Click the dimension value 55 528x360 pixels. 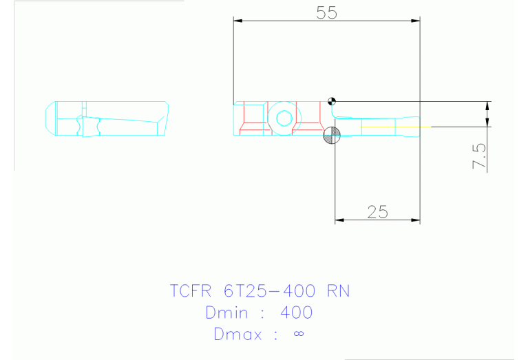click(326, 12)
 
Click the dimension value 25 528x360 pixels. click(377, 212)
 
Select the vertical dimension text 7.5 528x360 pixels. click(480, 157)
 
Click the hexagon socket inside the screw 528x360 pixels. click(283, 118)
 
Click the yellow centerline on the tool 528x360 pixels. click(396, 127)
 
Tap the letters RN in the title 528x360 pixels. click(339, 291)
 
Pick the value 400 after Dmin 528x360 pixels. click(297, 313)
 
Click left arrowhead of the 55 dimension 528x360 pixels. click(238, 21)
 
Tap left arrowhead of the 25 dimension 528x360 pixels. click(339, 221)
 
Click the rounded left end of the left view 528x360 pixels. click(50, 118)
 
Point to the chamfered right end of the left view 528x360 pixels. click(165, 118)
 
